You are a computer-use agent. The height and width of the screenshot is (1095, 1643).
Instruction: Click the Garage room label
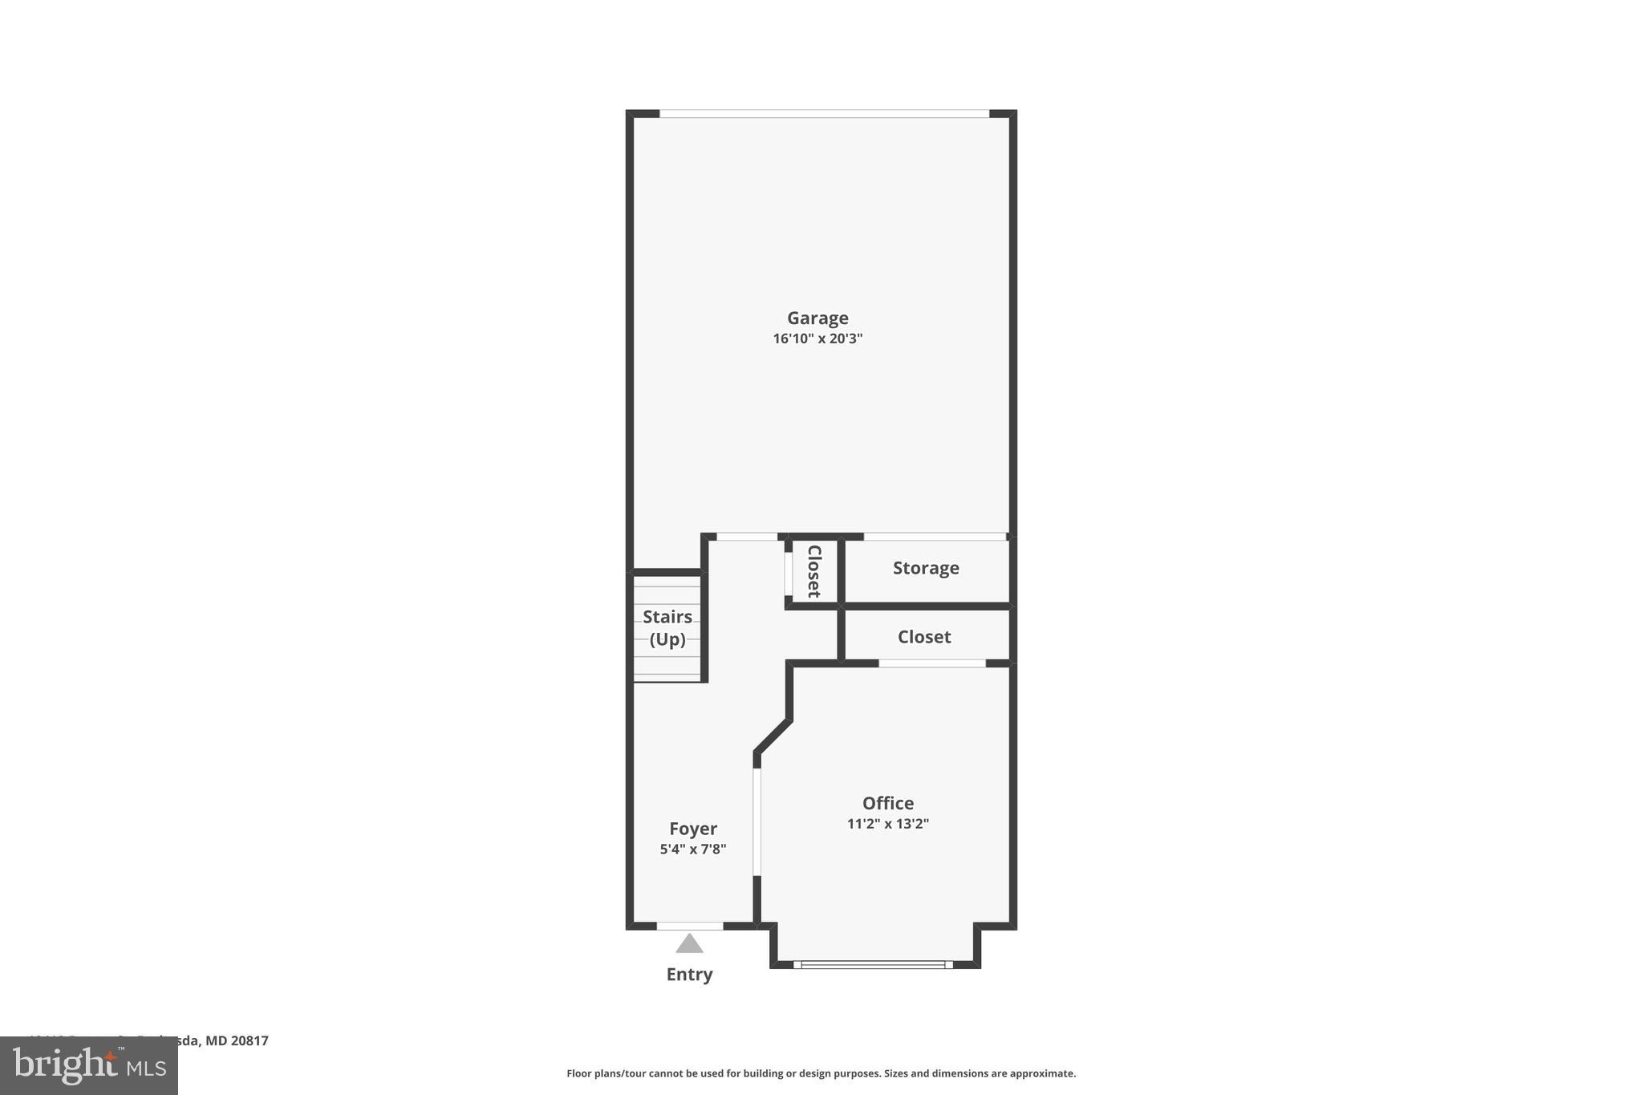click(817, 318)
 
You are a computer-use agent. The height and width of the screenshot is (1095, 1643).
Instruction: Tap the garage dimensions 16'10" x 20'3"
click(817, 339)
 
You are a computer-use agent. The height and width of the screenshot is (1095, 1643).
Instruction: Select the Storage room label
click(926, 568)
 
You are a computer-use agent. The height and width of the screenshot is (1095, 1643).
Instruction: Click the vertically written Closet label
click(813, 571)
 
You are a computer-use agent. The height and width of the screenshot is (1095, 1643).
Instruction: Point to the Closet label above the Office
click(924, 637)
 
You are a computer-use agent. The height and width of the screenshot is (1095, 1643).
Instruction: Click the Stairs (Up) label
click(667, 628)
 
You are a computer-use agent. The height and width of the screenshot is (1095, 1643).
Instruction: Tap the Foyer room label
click(693, 829)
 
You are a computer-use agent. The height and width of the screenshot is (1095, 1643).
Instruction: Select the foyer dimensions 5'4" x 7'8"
click(693, 849)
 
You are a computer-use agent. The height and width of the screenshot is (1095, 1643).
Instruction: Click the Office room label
click(888, 803)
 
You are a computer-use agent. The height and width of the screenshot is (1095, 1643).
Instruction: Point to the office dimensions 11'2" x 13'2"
click(888, 823)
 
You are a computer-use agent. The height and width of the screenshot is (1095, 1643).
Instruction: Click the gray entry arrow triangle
click(689, 944)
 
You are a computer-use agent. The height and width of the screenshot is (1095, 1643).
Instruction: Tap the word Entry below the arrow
click(689, 975)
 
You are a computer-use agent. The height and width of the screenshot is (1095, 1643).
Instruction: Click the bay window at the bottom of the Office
click(874, 965)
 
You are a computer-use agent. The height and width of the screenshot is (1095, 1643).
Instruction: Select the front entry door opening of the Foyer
click(690, 927)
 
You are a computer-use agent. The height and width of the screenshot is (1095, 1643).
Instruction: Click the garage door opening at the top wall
click(824, 114)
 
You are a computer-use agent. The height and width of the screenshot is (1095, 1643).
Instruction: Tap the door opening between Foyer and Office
click(757, 822)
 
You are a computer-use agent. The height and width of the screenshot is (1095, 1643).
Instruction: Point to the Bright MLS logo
click(89, 1066)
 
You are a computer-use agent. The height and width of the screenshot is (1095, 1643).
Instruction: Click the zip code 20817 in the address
click(249, 1040)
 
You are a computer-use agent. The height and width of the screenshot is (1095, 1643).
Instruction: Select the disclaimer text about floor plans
click(821, 1073)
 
